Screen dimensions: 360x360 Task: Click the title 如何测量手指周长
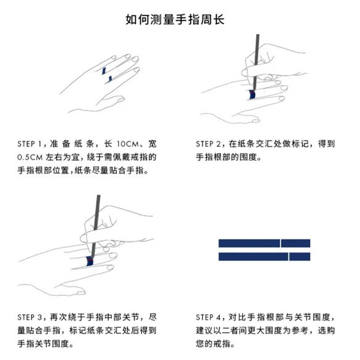click(x=175, y=19)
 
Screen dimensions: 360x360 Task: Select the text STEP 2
click(x=208, y=144)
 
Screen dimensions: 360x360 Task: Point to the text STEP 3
click(x=30, y=317)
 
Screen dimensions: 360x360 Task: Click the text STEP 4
click(x=208, y=317)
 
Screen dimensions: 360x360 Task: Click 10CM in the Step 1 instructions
click(x=128, y=144)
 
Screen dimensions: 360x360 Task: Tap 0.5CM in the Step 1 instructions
click(x=30, y=157)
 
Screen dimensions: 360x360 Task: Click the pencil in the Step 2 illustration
click(x=256, y=62)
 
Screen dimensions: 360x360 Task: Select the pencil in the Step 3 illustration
click(x=96, y=226)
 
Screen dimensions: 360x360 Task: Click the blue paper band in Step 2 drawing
click(x=252, y=94)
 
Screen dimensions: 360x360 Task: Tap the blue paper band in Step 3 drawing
click(x=90, y=261)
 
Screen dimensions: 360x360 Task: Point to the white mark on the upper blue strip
click(x=280, y=243)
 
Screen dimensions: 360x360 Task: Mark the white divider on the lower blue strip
click(x=288, y=256)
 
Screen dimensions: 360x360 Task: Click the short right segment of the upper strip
click(x=296, y=243)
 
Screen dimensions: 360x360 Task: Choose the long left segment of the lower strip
click(x=253, y=256)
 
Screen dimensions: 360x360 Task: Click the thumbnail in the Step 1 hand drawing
click(x=120, y=99)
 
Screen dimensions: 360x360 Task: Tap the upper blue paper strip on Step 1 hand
click(x=104, y=71)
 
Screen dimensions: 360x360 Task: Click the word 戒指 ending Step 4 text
click(x=222, y=344)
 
